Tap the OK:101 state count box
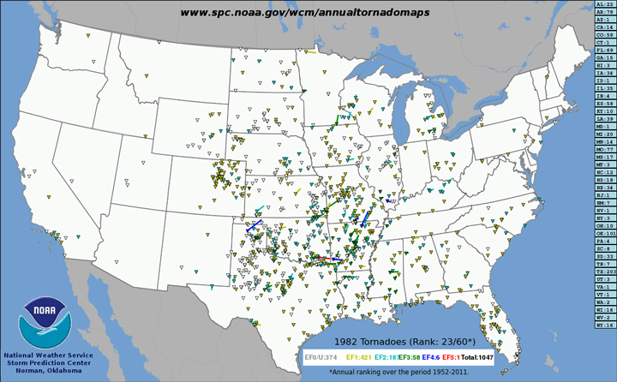604,233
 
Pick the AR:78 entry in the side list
604,12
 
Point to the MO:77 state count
604,149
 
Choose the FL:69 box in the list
604,50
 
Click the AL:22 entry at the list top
604,4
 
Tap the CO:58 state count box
604,34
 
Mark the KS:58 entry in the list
604,103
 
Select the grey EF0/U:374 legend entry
321,355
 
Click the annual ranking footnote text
398,371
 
